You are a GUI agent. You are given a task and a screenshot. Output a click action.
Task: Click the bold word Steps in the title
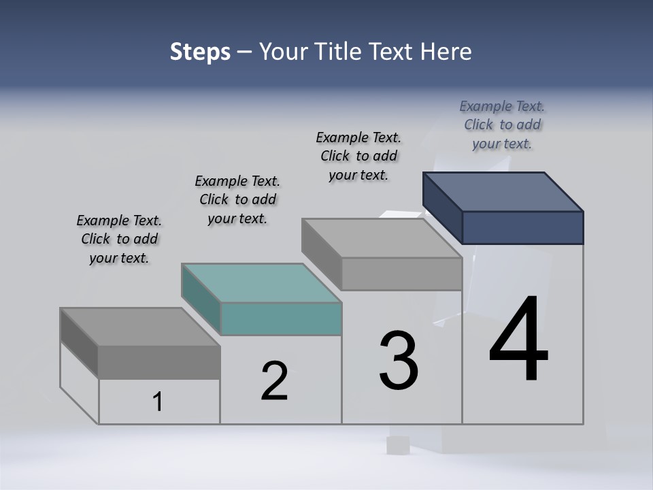[x=200, y=52]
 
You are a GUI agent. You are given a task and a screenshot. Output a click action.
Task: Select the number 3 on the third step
[x=399, y=361]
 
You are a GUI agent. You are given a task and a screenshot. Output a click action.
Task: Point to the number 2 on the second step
[x=275, y=381]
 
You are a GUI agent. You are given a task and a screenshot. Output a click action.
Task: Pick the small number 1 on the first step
[x=158, y=402]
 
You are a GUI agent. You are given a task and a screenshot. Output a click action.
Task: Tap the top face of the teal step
[x=261, y=282]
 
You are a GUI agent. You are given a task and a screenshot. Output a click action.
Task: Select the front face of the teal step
[x=281, y=318]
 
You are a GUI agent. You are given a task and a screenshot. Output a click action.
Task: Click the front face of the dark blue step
[x=522, y=227]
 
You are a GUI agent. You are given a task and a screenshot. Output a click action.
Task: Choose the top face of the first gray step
[x=140, y=326]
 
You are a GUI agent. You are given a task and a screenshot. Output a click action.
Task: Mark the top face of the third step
[x=382, y=238]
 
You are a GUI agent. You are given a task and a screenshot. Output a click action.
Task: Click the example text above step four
[x=502, y=125]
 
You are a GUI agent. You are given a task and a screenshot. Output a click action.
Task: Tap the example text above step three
[x=358, y=156]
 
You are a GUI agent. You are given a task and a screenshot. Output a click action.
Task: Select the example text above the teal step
[x=237, y=199]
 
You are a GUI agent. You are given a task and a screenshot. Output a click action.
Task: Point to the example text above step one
[x=119, y=239]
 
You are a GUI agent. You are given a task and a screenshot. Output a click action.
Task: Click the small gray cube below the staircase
[x=397, y=445]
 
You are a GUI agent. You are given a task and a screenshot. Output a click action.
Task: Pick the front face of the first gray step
[x=158, y=362]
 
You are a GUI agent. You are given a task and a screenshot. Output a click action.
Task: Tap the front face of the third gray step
[x=401, y=274]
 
